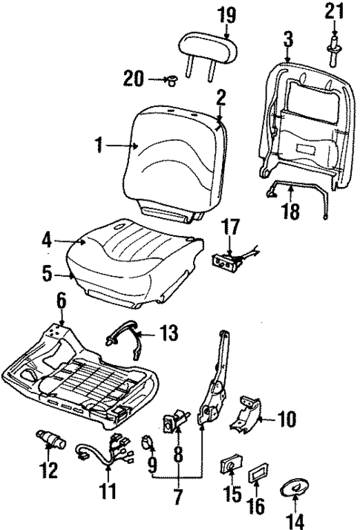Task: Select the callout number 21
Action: coord(336,12)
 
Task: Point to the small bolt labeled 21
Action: coord(335,43)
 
